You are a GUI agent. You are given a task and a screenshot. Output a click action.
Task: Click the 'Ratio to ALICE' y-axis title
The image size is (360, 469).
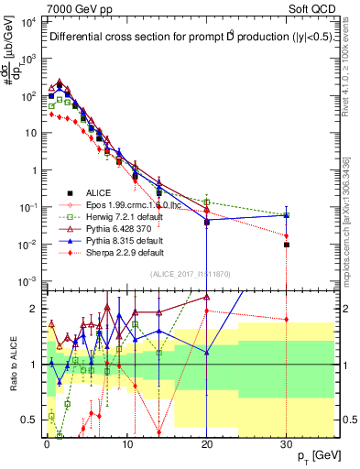[12, 365]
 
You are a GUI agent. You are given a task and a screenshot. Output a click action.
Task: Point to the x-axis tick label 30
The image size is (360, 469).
[287, 443]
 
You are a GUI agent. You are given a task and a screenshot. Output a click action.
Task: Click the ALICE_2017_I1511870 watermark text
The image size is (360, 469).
[190, 274]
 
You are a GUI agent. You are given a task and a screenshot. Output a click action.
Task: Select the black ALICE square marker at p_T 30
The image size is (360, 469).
[287, 245]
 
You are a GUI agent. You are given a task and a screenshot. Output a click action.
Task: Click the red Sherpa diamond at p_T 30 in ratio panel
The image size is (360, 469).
[287, 320]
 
